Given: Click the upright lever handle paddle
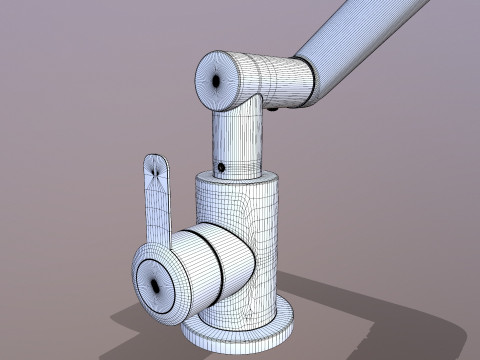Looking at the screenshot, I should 157,200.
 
